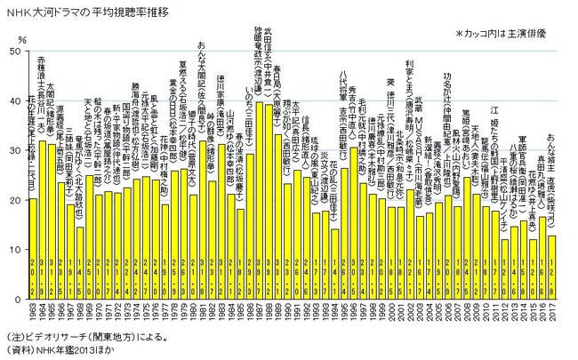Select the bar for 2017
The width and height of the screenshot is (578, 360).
pyautogui.click(x=552, y=267)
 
